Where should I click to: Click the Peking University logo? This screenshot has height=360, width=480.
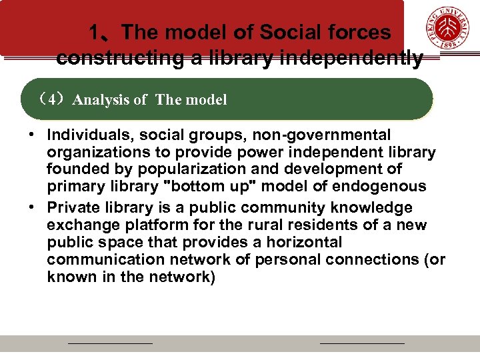click(x=448, y=29)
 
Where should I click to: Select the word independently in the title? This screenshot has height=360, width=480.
click(x=351, y=59)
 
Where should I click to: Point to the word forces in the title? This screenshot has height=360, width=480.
click(x=360, y=32)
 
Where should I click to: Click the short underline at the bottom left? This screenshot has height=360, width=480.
click(x=111, y=343)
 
